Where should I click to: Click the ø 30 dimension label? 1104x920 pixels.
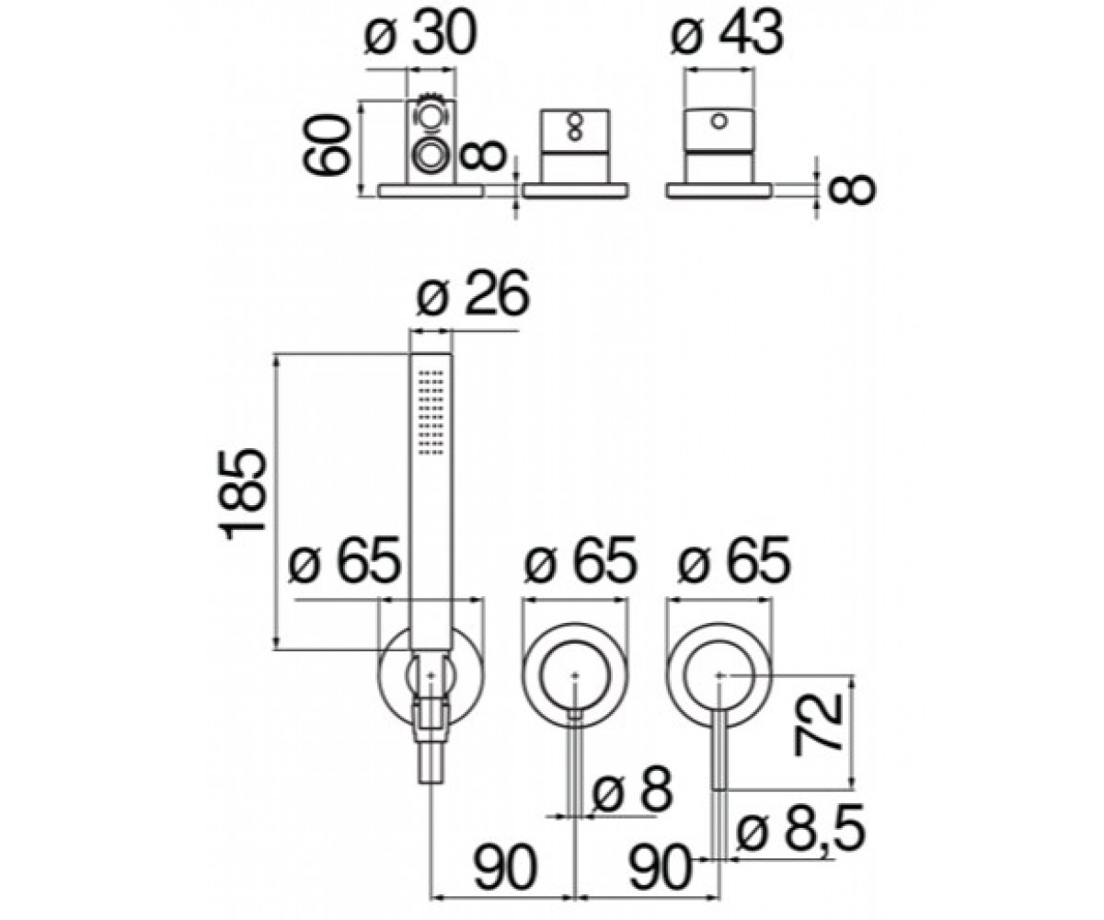420,32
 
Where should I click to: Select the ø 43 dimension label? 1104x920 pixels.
727,32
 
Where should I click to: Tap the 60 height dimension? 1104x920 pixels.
327,144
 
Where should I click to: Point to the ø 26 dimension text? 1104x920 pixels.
473,293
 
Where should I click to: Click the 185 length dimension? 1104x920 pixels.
242,494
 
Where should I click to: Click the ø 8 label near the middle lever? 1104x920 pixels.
633,788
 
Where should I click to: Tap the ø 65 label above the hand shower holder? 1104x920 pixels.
345,558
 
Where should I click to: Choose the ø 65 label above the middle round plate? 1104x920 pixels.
580,558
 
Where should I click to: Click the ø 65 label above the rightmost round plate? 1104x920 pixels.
734,558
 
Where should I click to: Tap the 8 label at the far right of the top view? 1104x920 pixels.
851,190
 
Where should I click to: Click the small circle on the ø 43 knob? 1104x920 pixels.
718,121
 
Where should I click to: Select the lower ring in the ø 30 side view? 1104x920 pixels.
430,156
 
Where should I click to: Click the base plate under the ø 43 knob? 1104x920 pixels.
719,190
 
